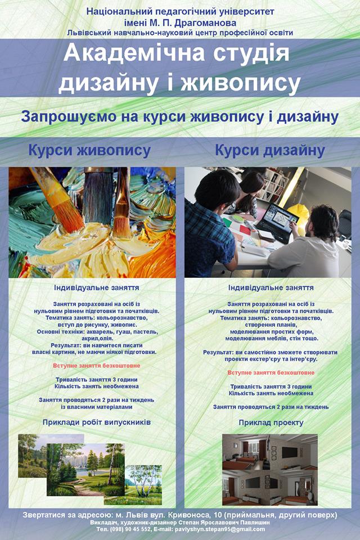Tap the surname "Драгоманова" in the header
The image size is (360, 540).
[205, 23]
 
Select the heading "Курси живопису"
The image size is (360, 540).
[89, 151]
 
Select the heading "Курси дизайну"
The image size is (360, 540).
[270, 151]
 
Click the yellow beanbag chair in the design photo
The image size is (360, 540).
[300, 216]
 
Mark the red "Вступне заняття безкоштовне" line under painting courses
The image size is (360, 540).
[96, 366]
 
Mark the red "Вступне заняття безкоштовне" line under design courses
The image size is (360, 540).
[271, 372]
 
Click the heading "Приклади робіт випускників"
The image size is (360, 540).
[96, 422]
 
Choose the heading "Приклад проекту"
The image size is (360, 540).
[271, 422]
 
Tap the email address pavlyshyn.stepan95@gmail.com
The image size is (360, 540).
[220, 529]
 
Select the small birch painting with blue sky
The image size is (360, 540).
[143, 485]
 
